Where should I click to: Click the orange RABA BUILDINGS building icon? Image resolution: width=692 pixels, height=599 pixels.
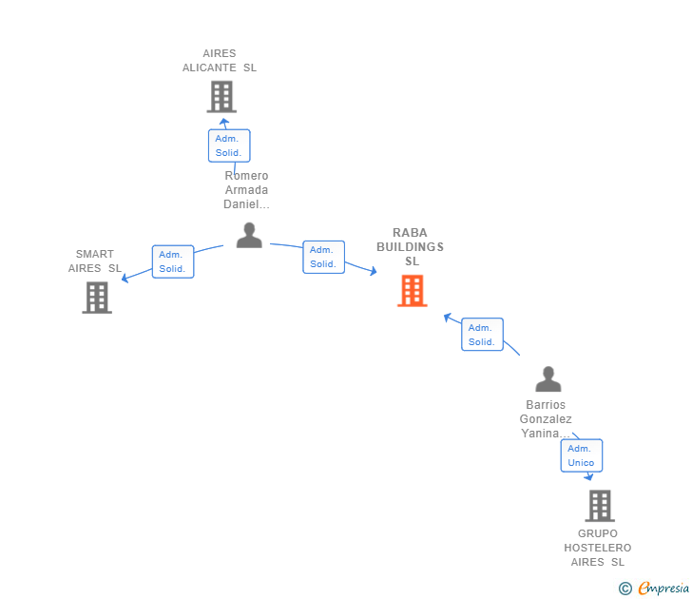[x=412, y=291]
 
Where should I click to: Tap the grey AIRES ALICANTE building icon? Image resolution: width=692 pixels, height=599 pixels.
[x=221, y=97]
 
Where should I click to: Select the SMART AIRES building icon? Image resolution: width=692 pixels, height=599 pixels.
[x=97, y=298]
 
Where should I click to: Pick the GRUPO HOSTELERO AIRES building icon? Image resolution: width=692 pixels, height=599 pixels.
[x=600, y=506]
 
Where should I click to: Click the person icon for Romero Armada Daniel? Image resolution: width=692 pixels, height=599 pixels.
[x=249, y=235]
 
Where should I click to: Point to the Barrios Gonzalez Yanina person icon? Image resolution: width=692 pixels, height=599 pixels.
[x=548, y=379]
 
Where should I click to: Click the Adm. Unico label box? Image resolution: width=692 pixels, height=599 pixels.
[x=581, y=455]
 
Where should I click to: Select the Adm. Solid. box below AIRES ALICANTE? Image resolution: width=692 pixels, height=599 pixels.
[x=228, y=145]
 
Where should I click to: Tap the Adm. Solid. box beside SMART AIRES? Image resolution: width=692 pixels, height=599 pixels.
[x=172, y=261]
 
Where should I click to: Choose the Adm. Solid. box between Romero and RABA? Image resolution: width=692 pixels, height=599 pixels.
[x=323, y=257]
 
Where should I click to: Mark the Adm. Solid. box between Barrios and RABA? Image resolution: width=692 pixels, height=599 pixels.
[x=482, y=335]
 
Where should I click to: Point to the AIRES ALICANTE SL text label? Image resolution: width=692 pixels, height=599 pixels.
[x=220, y=61]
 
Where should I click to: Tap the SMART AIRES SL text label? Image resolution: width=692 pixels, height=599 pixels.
[x=95, y=261]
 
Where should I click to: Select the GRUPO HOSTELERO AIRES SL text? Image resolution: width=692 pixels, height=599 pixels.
[x=598, y=548]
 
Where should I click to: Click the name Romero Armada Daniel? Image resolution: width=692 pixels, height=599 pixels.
[x=247, y=190]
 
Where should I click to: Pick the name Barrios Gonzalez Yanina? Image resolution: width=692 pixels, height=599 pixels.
[x=547, y=419]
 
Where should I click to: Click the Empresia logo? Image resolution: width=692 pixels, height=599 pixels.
[x=663, y=588]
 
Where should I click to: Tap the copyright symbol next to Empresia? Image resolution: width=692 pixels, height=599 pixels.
[x=625, y=589]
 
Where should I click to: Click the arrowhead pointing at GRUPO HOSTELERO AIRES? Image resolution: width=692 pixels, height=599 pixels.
[x=589, y=476]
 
